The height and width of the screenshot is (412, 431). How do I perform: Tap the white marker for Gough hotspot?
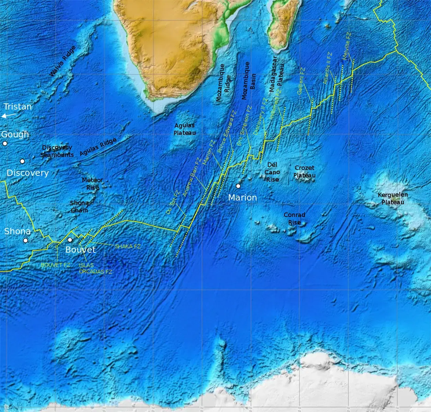[5, 144]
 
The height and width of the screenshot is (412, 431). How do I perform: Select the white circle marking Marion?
[238, 186]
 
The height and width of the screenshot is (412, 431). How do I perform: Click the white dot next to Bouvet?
[70, 240]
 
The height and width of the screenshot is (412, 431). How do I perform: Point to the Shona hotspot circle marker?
[25, 241]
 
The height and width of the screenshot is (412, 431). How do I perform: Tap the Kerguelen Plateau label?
[393, 198]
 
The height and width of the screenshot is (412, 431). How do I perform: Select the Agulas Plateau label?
[184, 129]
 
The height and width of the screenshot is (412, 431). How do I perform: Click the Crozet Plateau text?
[304, 171]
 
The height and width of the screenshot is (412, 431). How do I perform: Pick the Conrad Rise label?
[294, 218]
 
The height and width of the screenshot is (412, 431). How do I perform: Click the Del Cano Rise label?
[272, 172]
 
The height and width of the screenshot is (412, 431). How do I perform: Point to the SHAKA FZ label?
[128, 246]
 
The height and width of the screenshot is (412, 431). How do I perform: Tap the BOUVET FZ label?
[55, 265]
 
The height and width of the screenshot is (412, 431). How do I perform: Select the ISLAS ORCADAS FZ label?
[95, 268]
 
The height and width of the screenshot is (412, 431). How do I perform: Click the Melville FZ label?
[347, 46]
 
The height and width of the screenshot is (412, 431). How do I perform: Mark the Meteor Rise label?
[92, 184]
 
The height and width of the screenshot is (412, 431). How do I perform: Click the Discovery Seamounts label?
[57, 151]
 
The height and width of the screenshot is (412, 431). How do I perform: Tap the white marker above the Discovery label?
[22, 161]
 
